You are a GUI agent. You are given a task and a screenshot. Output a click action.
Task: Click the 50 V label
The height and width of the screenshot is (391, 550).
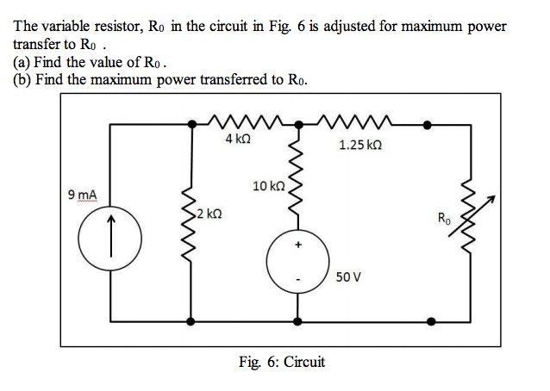point(349,277)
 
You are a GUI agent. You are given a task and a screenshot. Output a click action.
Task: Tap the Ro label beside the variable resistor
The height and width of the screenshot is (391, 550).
point(444,219)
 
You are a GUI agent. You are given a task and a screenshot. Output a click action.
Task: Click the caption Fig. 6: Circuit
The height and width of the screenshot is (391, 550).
point(282,362)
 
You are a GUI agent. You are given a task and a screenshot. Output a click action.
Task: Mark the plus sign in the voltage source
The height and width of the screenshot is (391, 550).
point(299,245)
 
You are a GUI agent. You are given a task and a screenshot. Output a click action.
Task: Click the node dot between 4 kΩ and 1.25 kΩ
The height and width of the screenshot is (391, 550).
point(298,124)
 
